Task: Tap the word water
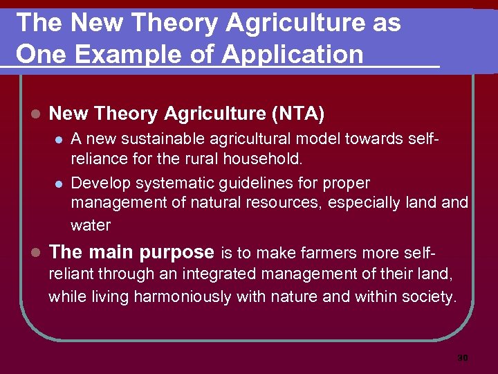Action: [91, 225]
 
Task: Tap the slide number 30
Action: [463, 358]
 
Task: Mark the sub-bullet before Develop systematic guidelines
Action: [59, 184]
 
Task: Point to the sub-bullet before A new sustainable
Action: [59, 140]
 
